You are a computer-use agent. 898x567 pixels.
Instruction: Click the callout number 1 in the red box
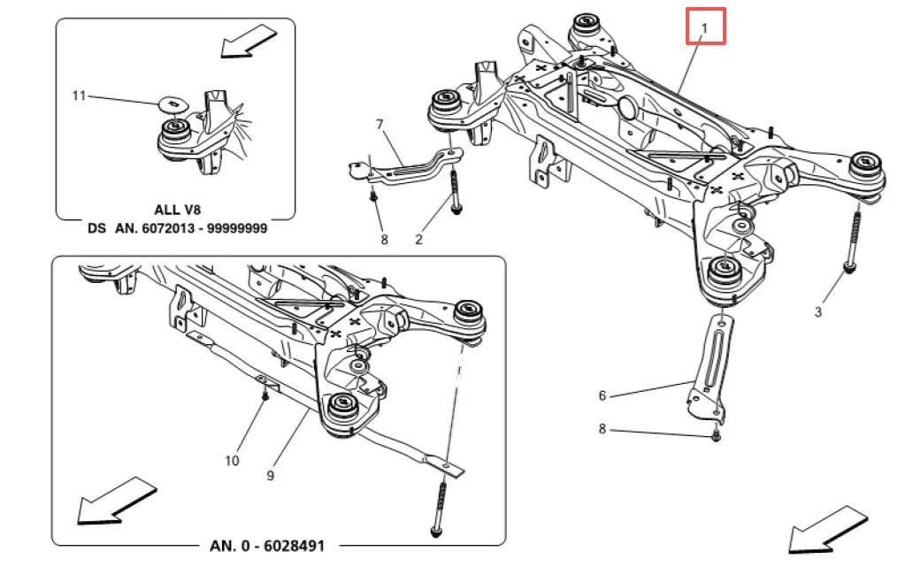[704, 27]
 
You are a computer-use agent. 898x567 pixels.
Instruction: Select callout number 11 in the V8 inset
[79, 96]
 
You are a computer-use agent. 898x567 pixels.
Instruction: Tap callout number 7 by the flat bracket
[380, 125]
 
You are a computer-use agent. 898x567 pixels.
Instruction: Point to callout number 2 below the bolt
[418, 240]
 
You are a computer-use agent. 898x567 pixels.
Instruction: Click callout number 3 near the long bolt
[817, 311]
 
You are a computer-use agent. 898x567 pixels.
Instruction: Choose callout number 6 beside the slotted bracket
[602, 395]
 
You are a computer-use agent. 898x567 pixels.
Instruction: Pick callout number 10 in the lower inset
[232, 461]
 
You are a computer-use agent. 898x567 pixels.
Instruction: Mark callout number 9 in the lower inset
[271, 475]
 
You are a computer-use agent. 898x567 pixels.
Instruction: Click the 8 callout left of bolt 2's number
[384, 240]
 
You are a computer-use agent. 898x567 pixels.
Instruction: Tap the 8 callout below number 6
[602, 429]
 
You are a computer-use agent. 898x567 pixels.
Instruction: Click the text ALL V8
[178, 211]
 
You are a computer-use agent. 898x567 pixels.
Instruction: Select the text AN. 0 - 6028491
[267, 546]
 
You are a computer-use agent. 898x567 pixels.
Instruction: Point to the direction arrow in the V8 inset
[249, 42]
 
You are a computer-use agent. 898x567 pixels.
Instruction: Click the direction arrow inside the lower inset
[117, 502]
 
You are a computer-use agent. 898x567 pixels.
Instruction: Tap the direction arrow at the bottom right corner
[828, 529]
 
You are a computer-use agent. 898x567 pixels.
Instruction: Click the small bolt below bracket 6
[716, 436]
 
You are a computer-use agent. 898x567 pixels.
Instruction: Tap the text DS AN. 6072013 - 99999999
[178, 228]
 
